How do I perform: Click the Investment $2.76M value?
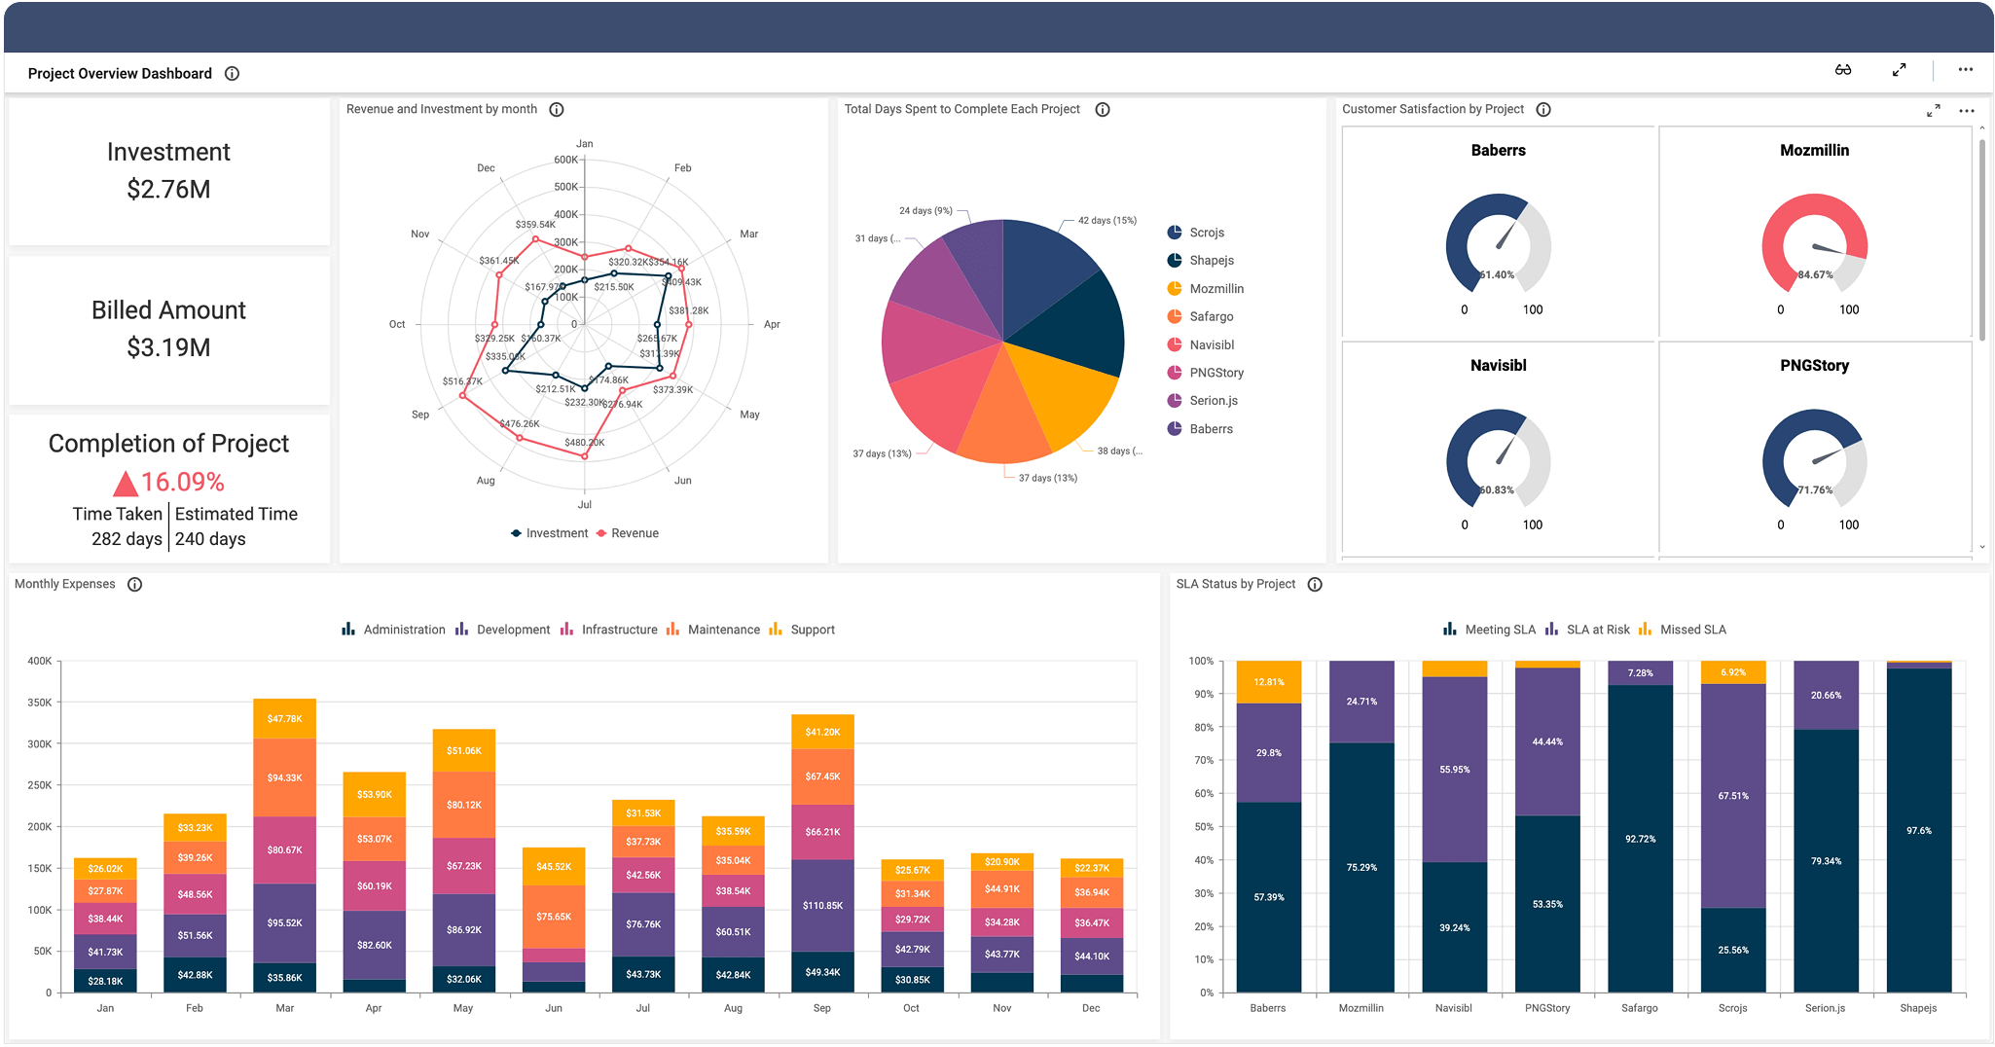(x=168, y=189)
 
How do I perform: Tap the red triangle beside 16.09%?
(x=126, y=484)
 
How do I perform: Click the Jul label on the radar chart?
(x=584, y=504)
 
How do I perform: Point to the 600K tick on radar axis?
(x=565, y=160)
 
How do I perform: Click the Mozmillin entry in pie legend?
(x=1215, y=289)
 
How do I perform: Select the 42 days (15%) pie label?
(x=1106, y=221)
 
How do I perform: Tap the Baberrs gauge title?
(x=1498, y=150)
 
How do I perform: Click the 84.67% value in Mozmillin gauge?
(x=1815, y=275)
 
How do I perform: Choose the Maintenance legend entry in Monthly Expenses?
(x=723, y=630)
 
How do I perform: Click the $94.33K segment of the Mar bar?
(x=284, y=777)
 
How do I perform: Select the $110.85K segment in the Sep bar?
(x=822, y=905)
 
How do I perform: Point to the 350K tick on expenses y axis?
(x=40, y=703)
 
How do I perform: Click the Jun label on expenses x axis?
(x=554, y=1008)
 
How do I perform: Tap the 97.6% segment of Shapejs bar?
(x=1918, y=830)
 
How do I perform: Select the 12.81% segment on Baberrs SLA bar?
(x=1268, y=682)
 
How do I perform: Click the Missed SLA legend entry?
(x=1692, y=630)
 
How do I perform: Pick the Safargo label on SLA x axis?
(x=1639, y=1008)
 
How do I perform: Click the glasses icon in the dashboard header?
(x=1843, y=70)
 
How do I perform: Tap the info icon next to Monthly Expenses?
(x=135, y=585)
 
